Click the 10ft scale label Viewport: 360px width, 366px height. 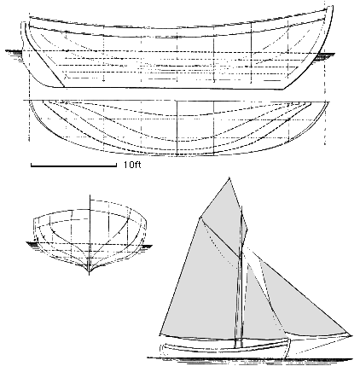(x=132, y=165)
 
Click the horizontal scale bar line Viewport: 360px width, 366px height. (x=73, y=166)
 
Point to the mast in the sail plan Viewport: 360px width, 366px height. (x=241, y=279)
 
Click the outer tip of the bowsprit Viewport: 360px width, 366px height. (x=351, y=336)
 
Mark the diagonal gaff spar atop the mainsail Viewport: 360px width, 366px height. (x=219, y=236)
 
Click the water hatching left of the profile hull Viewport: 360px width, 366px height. (x=14, y=53)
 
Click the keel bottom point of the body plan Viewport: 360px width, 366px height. (x=90, y=274)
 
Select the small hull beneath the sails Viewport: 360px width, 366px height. (x=224, y=348)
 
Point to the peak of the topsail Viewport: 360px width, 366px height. (x=229, y=178)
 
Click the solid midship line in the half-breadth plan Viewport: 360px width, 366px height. (x=177, y=128)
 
